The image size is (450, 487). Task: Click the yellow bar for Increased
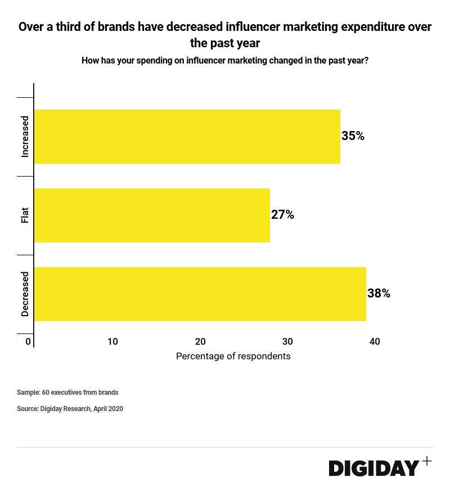click(187, 137)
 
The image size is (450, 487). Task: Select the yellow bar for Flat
click(152, 215)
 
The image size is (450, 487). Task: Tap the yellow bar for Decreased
click(200, 294)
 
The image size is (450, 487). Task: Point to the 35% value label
click(353, 136)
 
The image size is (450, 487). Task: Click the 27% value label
click(282, 215)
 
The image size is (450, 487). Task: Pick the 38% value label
click(379, 294)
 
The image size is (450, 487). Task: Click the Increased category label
click(25, 137)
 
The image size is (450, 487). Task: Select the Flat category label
click(25, 215)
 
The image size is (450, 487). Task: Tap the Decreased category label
click(25, 294)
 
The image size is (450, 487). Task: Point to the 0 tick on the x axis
click(28, 341)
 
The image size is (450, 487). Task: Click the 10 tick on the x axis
click(112, 341)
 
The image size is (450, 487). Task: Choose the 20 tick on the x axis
click(200, 341)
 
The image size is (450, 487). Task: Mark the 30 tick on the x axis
click(287, 341)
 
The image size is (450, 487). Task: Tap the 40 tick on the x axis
click(375, 341)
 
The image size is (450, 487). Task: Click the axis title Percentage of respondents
click(233, 357)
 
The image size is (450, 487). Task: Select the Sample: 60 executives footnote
click(67, 393)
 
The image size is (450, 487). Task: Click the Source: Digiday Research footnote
click(70, 409)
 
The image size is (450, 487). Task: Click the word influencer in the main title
click(255, 27)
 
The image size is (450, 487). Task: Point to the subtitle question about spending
click(225, 61)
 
